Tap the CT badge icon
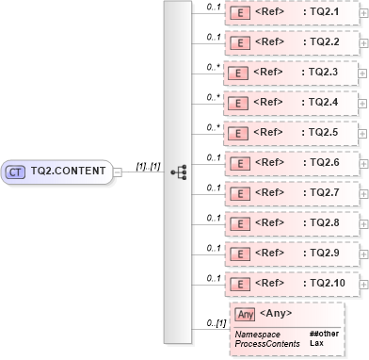pos(15,172)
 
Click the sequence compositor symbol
pos(177,172)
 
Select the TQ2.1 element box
pos(292,12)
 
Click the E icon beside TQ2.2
pos(240,42)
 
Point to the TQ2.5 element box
pos(292,133)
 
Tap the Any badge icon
pos(245,315)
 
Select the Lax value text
pos(316,342)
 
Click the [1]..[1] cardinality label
pos(146,165)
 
